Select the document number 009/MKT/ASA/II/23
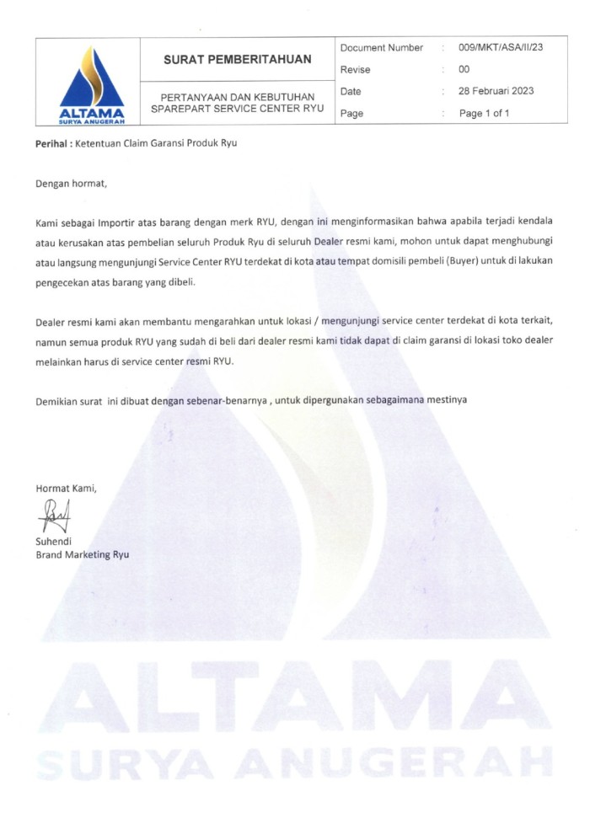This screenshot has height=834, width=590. tap(501, 47)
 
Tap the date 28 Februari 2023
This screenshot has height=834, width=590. tap(496, 91)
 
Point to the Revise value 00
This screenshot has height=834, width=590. tap(464, 69)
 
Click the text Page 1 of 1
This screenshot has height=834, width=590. tap(484, 113)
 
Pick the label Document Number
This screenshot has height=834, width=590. tap(382, 47)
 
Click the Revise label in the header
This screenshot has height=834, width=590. tap(356, 69)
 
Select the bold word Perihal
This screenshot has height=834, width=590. tap(51, 143)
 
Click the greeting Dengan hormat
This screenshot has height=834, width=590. tap(72, 182)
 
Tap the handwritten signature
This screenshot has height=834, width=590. tap(52, 515)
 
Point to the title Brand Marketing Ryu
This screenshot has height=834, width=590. tap(82, 554)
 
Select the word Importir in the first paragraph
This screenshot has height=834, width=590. tap(117, 222)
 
